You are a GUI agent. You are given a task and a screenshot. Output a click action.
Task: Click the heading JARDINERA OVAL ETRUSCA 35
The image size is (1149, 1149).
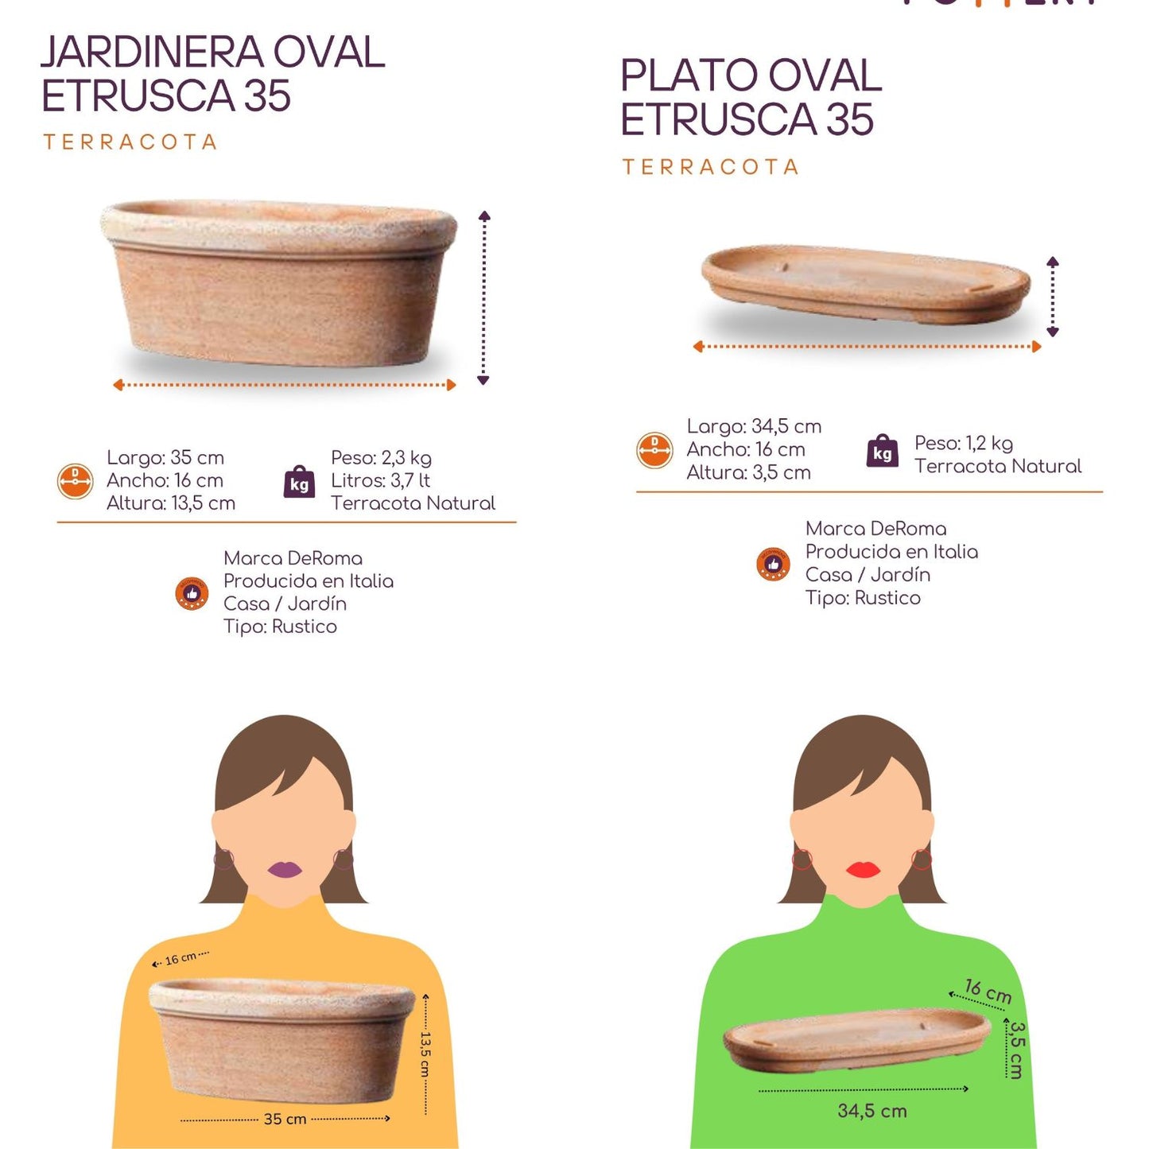tap(212, 74)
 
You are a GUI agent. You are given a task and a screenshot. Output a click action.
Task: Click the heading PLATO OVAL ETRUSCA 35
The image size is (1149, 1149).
tap(750, 97)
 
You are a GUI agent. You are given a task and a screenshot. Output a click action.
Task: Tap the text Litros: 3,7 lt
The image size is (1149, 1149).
tap(380, 480)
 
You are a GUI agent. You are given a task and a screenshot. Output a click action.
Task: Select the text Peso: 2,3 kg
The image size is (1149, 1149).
tap(381, 458)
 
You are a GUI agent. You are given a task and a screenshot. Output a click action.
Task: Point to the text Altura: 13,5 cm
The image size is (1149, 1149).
tap(171, 503)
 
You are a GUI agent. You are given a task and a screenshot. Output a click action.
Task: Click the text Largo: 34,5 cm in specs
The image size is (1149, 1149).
tap(754, 426)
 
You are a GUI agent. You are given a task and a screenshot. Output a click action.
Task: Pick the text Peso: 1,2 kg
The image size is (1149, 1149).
tap(963, 443)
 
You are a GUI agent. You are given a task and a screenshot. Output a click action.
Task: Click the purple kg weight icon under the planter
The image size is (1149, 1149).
tap(299, 482)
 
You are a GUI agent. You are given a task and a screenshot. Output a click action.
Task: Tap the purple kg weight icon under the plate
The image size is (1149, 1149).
tap(882, 452)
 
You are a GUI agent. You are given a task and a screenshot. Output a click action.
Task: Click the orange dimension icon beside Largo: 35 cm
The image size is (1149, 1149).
tap(76, 481)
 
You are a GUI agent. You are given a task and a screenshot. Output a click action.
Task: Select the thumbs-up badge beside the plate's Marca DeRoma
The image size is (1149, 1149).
tap(773, 564)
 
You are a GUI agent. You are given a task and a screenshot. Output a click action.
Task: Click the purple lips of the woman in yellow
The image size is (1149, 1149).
tap(285, 869)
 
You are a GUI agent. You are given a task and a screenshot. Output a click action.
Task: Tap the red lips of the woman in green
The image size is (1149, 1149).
tap(863, 869)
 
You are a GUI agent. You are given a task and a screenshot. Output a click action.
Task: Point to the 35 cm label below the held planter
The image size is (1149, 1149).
tap(285, 1119)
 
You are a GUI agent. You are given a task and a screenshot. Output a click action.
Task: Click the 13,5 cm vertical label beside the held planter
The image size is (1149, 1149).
tap(425, 1054)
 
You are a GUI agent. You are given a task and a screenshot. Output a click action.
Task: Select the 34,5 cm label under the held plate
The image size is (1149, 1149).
tap(871, 1111)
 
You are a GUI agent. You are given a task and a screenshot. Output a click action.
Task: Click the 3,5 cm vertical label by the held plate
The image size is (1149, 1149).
tap(1016, 1050)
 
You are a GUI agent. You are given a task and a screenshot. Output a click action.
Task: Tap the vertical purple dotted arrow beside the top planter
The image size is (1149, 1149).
tap(483, 298)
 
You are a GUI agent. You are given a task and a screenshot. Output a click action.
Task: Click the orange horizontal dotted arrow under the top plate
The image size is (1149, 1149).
tap(867, 347)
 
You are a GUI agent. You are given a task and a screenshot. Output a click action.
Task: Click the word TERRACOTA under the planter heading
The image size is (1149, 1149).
tap(130, 142)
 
